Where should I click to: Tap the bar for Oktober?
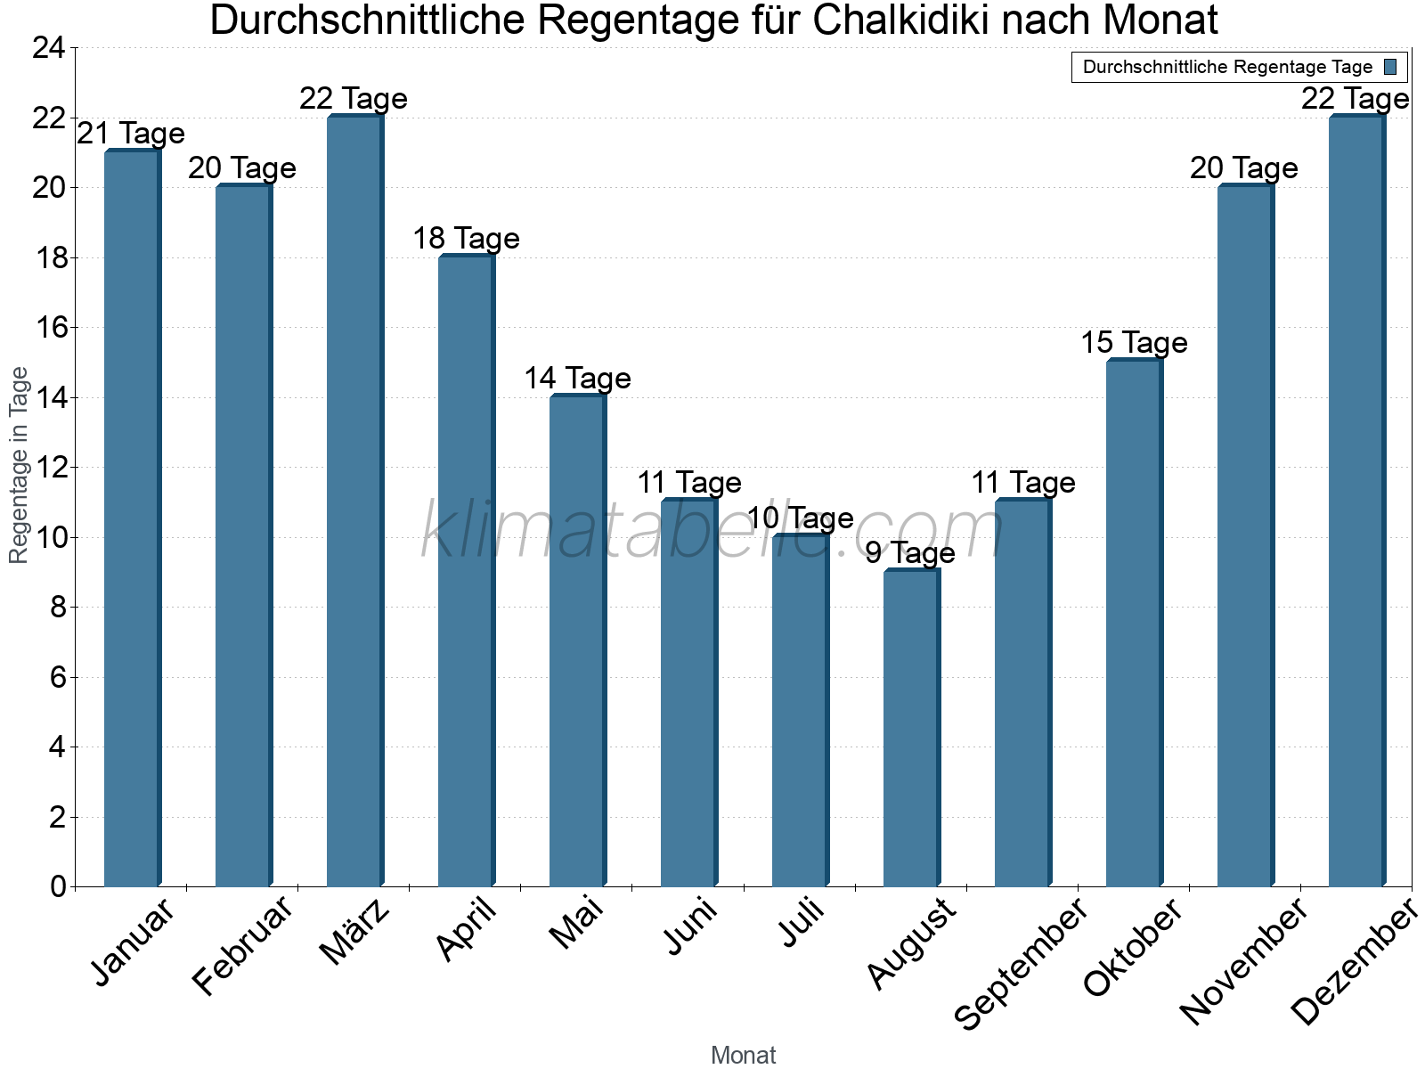(1134, 624)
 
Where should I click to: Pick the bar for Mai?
(577, 641)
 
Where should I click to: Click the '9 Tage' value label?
(910, 553)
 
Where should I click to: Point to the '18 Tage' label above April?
(466, 239)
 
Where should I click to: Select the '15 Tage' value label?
(1134, 343)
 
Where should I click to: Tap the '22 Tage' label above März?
(354, 99)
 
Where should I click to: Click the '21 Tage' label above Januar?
(131, 134)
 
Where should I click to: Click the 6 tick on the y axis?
(58, 678)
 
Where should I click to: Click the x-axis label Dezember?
(1355, 962)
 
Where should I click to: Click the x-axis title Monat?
(743, 1056)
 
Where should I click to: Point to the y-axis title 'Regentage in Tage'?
(19, 465)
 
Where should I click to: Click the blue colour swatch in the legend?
(1390, 67)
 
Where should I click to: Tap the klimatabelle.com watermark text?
(712, 532)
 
